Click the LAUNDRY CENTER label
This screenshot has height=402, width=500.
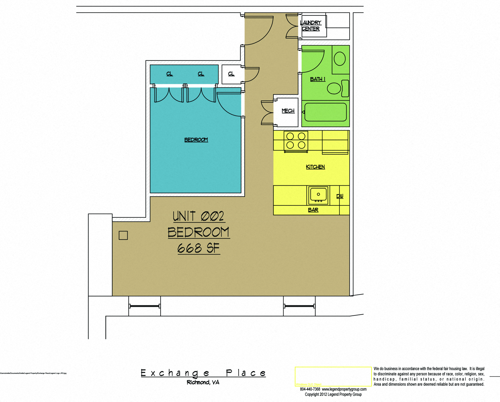[310, 26]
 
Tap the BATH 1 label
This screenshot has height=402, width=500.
[317, 79]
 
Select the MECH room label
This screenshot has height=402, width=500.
[288, 111]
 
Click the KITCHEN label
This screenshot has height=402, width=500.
[315, 167]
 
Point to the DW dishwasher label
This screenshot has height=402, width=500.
[340, 196]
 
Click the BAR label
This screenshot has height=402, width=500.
[313, 210]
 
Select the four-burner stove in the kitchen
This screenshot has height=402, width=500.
[296, 141]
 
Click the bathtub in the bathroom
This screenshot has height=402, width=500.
[325, 112]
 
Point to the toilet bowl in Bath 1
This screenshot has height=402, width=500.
[334, 88]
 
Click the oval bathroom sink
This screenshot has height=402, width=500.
[340, 59]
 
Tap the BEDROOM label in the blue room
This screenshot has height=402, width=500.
[196, 140]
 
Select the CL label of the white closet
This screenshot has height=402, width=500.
[231, 74]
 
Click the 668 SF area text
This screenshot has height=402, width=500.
[199, 248]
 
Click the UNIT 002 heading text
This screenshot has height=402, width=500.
[199, 216]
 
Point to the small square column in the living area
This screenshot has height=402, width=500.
[123, 235]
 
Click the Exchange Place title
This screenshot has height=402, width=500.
[203, 373]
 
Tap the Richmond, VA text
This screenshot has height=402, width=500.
[203, 382]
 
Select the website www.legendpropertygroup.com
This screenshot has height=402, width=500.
[344, 389]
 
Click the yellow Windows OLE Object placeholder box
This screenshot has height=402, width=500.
[333, 376]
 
